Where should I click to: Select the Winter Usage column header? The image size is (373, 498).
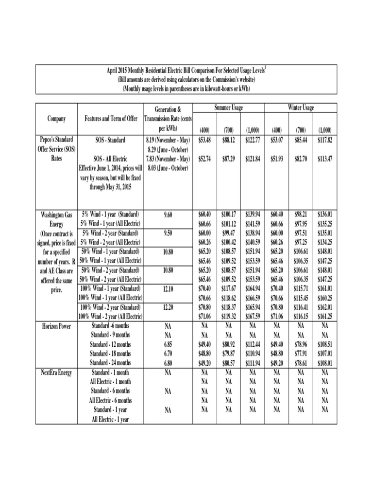pos(301,107)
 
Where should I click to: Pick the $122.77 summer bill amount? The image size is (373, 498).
pos(253,140)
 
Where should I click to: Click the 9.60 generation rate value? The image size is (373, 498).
pos(168,214)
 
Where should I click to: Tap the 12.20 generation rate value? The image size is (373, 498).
pos(168,307)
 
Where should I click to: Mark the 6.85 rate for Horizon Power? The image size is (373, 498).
pos(168,344)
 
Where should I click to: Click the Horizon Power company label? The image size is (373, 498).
pos(57,326)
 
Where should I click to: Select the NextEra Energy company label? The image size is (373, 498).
pos(57,373)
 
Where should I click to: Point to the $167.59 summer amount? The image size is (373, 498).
pos(253,317)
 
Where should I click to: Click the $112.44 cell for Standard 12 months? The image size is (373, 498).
pos(253,344)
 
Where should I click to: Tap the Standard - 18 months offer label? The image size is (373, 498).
pos(111,354)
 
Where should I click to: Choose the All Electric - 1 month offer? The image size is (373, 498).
pos(111,382)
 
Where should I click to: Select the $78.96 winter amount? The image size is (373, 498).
pos(301,344)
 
